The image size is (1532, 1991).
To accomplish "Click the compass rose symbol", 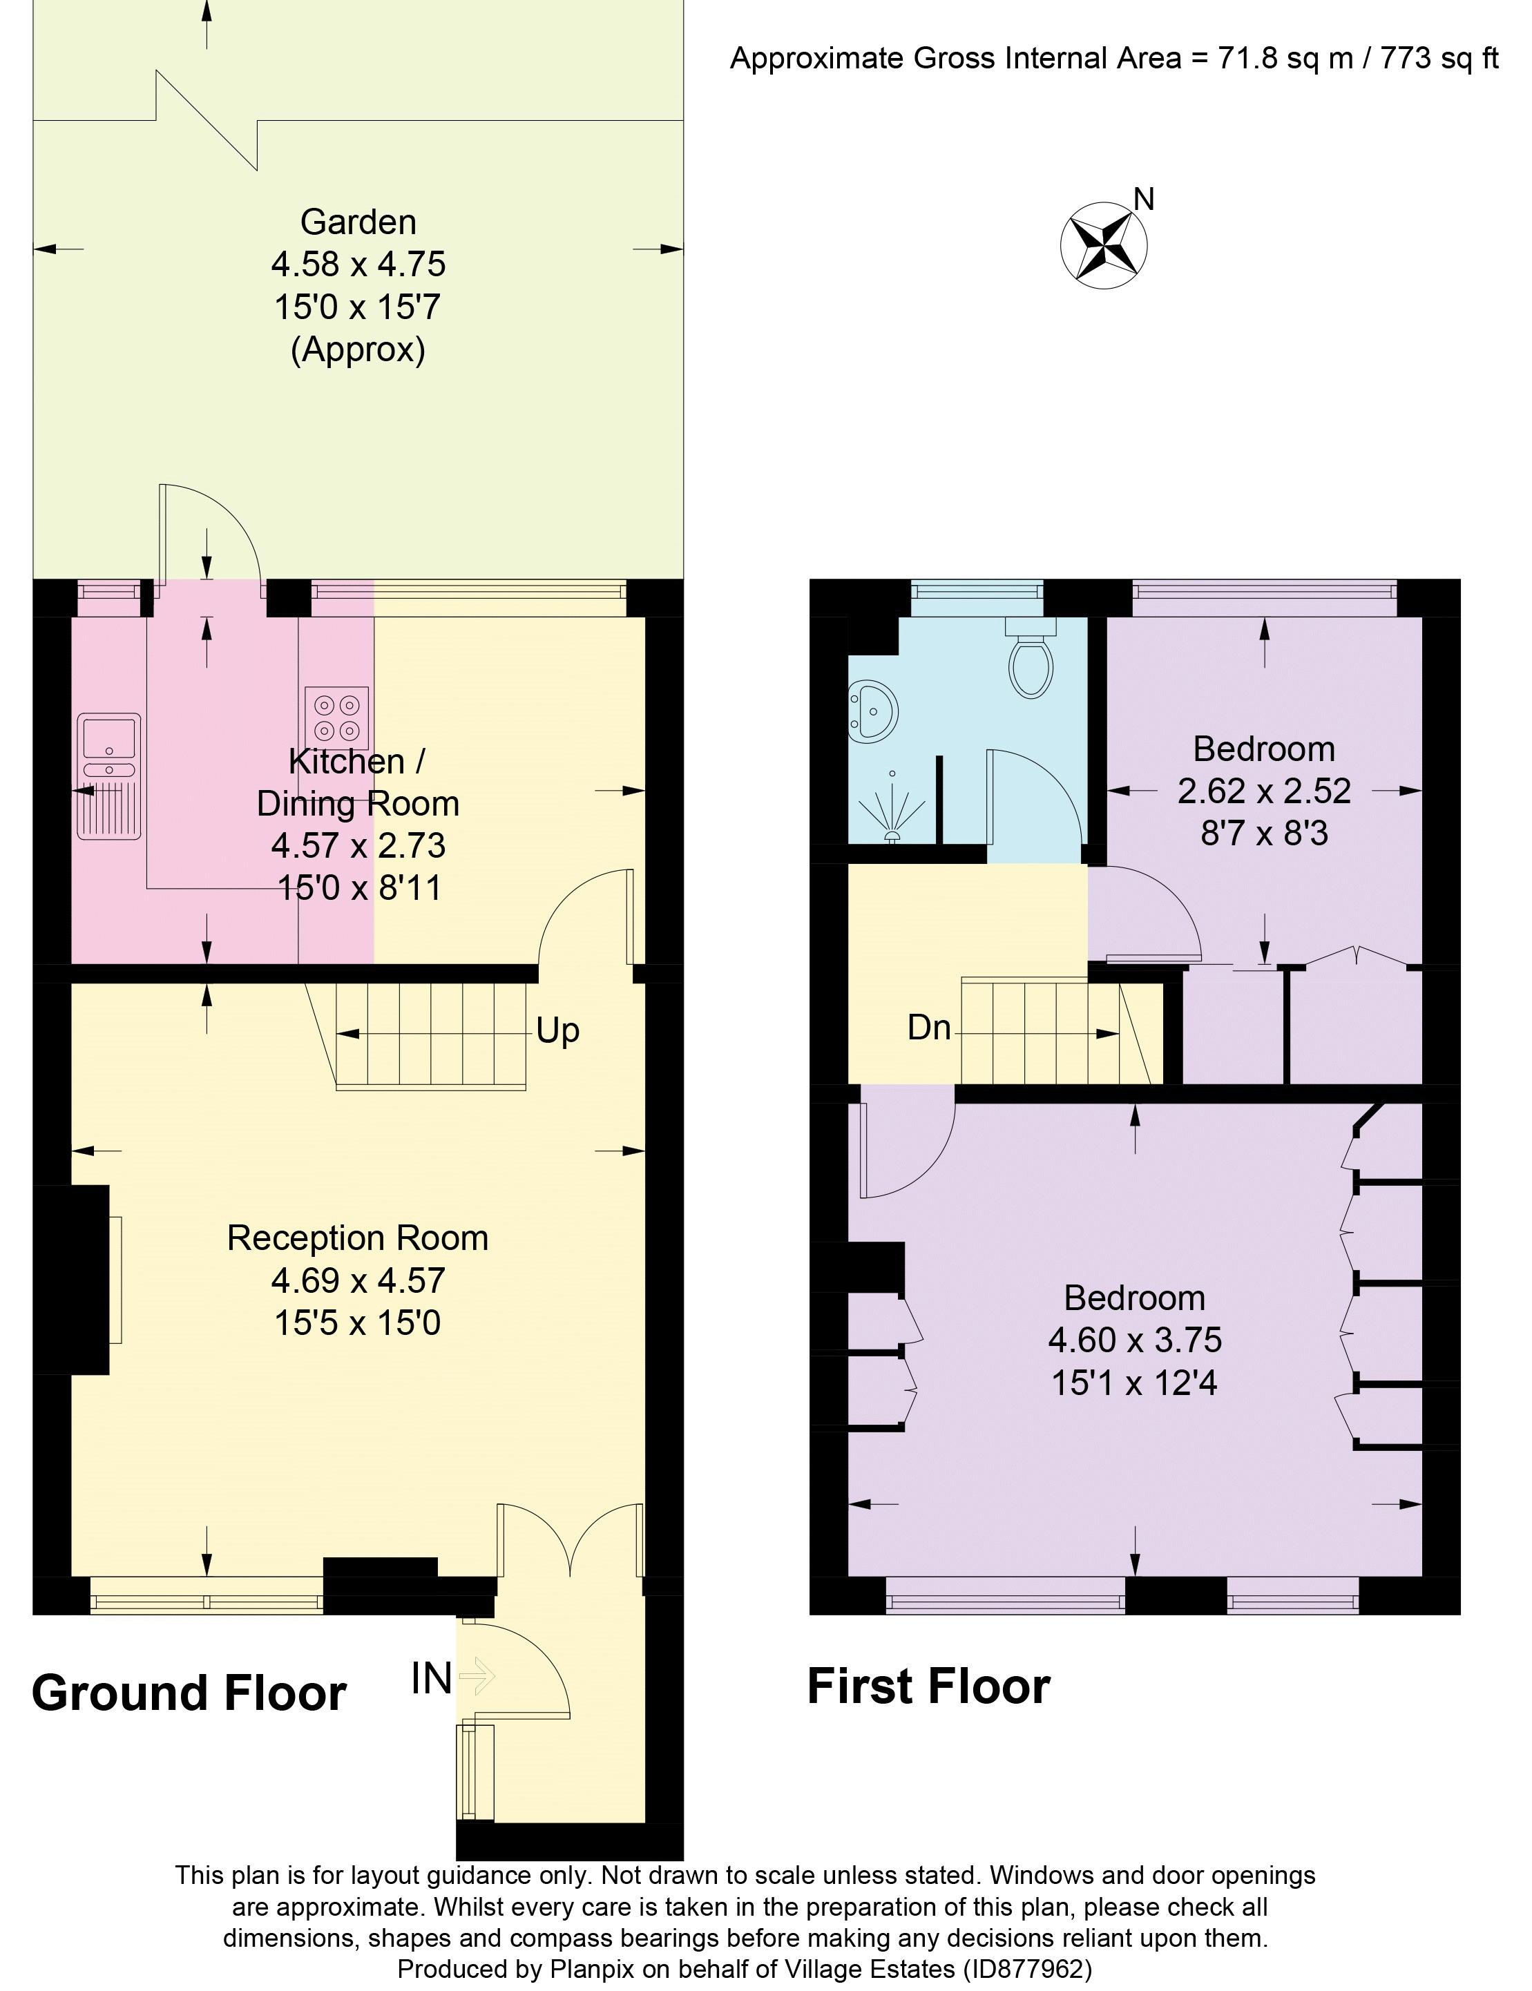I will click(1103, 245).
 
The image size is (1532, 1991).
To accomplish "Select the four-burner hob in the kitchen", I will click(336, 718).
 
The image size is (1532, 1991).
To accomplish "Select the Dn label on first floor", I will click(928, 1028).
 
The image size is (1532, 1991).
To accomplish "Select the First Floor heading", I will click(928, 1686).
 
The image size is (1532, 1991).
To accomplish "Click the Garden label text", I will click(358, 222).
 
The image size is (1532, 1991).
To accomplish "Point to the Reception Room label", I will click(358, 1238).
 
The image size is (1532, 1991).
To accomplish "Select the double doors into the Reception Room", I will click(571, 1541).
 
